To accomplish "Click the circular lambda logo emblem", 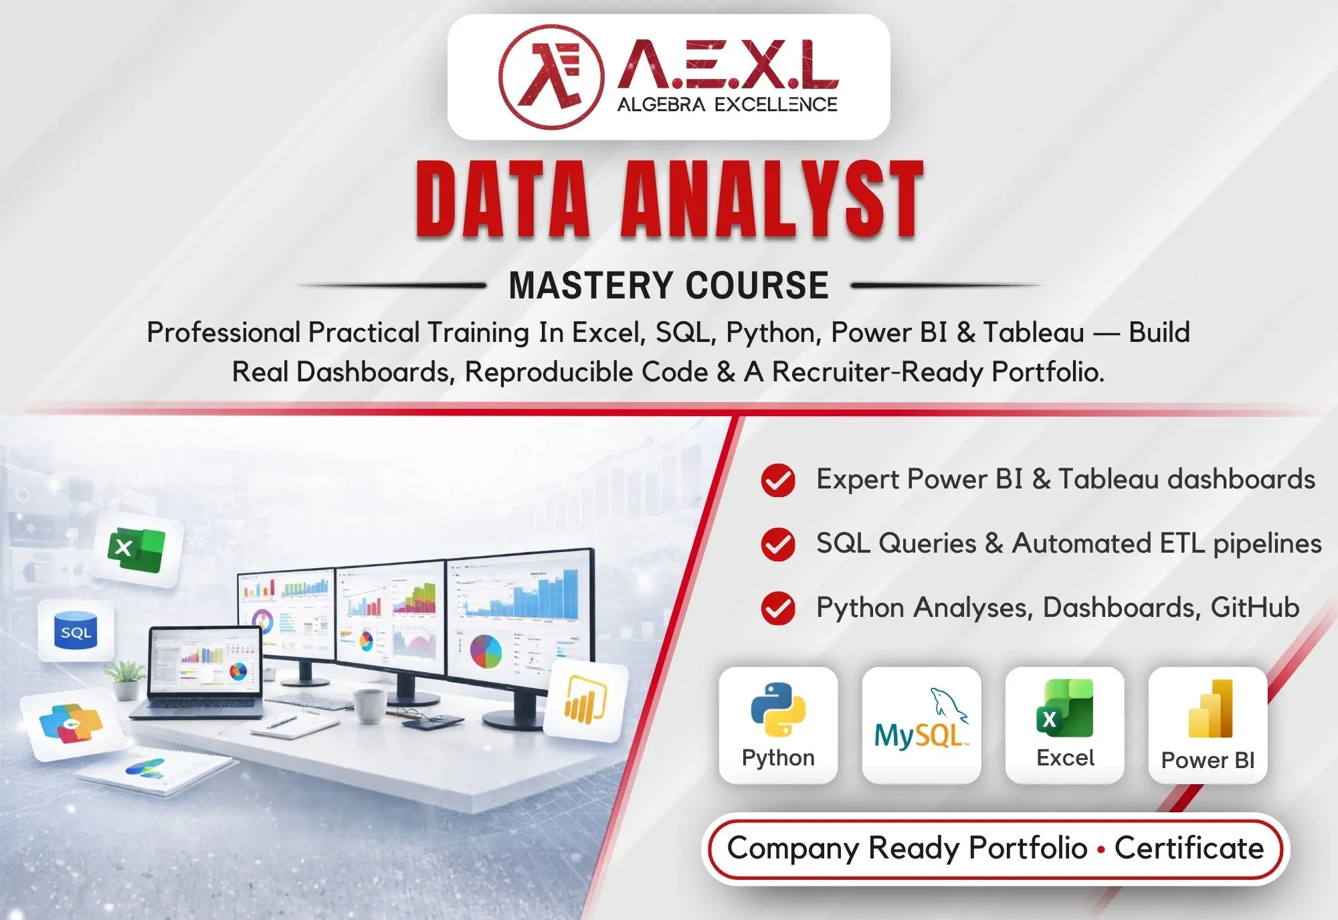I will coord(551,77).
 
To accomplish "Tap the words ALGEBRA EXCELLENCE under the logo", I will coord(727,105).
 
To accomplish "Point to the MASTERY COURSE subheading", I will coord(668,286).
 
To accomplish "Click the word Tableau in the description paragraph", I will coord(1034,333).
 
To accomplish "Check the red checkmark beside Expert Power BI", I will coord(778,480).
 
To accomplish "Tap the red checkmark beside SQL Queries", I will coord(778,544).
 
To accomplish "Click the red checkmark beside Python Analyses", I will coord(778,608).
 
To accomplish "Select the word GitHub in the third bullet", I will coord(1254,608).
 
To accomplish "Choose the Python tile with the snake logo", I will coord(778,725).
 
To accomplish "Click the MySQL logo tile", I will coord(921,725).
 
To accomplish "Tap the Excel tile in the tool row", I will coord(1064,725).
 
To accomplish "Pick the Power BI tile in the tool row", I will coord(1208,725).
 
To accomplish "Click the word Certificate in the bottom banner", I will coord(1189,848).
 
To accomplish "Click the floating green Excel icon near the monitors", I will coord(137,550).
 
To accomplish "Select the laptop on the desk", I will coord(204,672).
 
